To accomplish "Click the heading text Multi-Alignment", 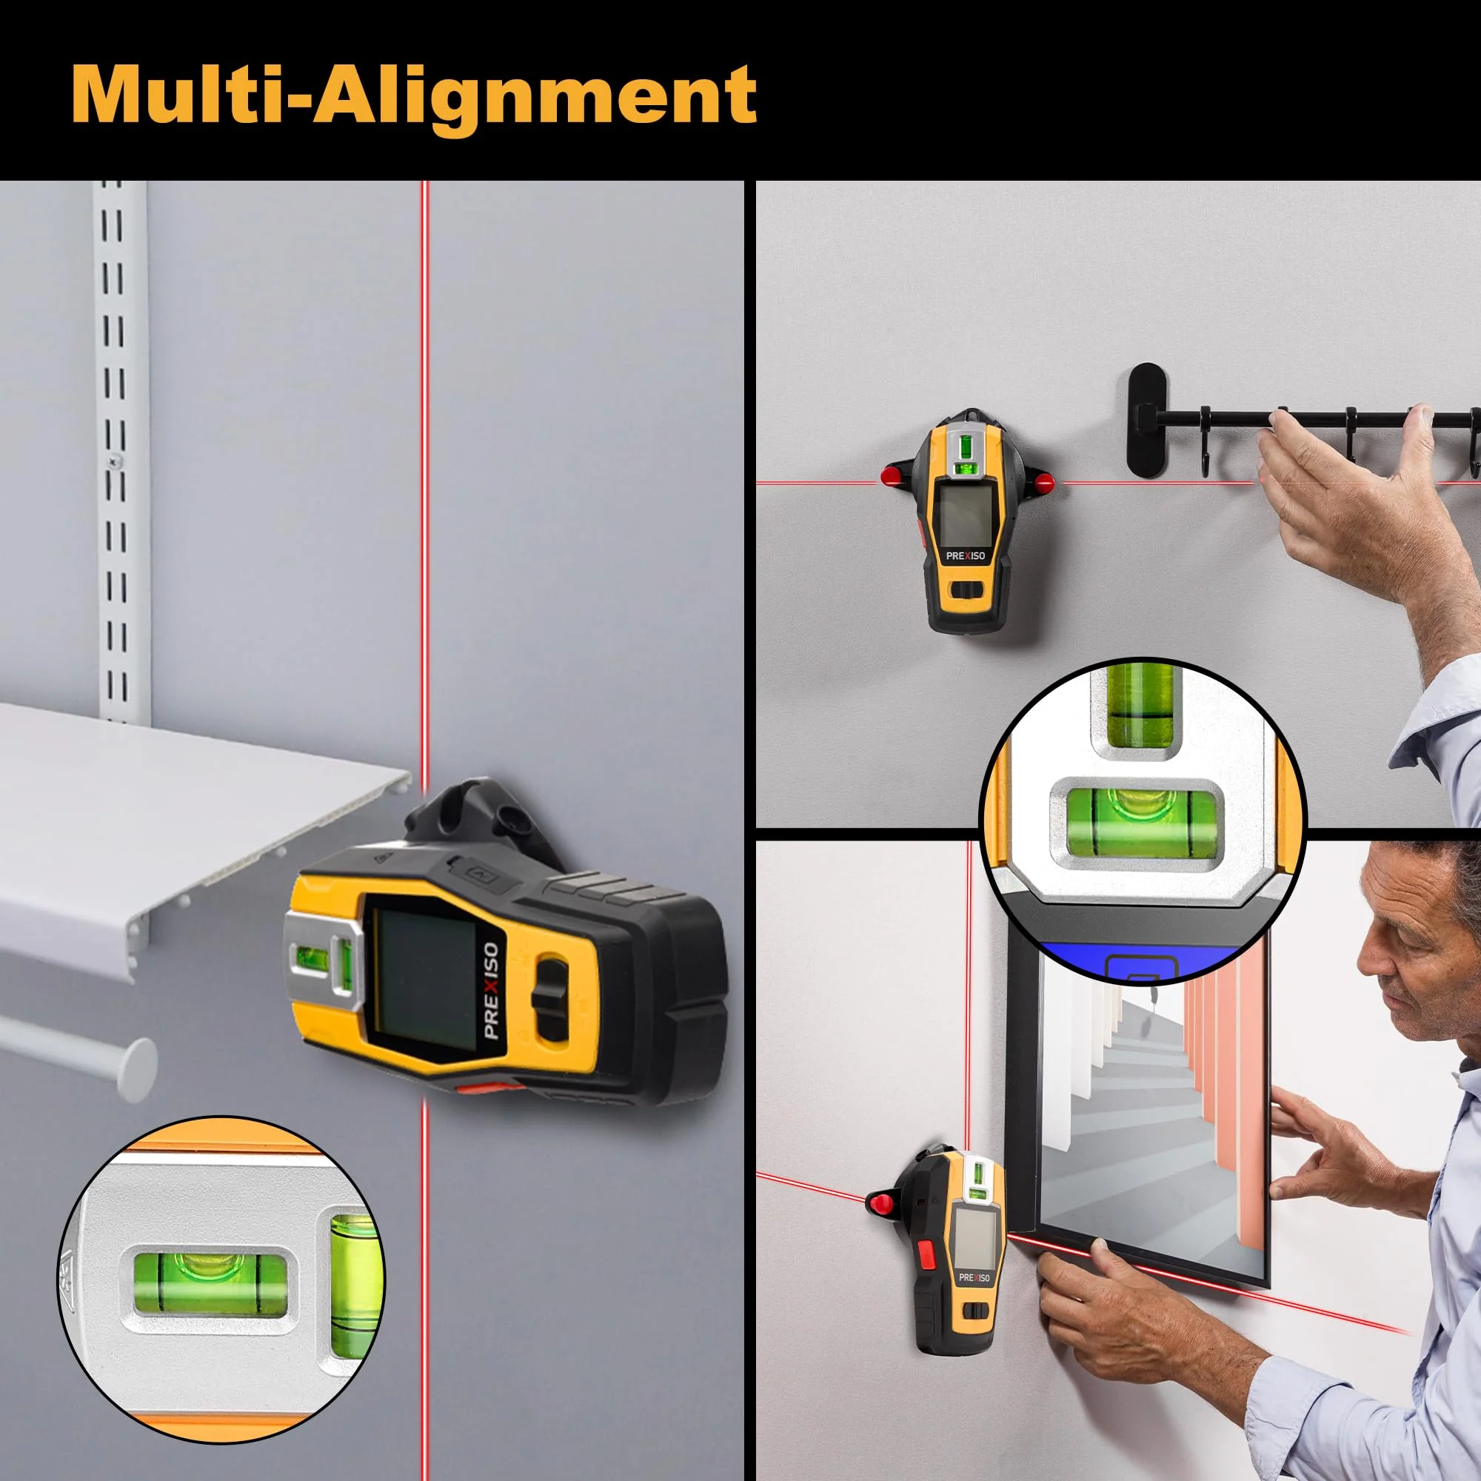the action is coord(414,96).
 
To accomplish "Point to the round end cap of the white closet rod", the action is coord(136,1071).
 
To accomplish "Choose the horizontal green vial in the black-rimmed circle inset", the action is coord(1141,829).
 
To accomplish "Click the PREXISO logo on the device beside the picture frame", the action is coord(974,1278).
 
